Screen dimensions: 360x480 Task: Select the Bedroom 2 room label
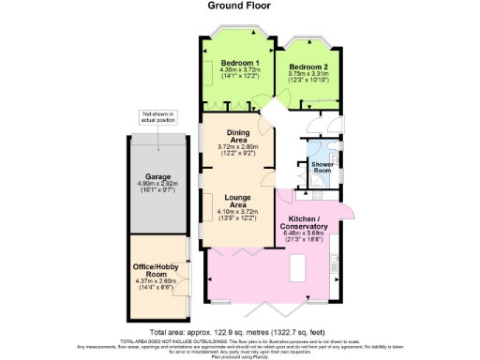tap(308, 67)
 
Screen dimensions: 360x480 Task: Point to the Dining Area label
tap(237, 136)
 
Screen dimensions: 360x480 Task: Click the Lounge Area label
tap(237, 201)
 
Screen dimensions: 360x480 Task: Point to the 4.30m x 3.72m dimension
tap(237, 70)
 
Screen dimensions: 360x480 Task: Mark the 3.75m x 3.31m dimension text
tap(308, 75)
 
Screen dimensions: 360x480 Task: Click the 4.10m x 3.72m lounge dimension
tap(237, 212)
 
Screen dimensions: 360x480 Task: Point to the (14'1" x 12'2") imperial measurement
tap(237, 77)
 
